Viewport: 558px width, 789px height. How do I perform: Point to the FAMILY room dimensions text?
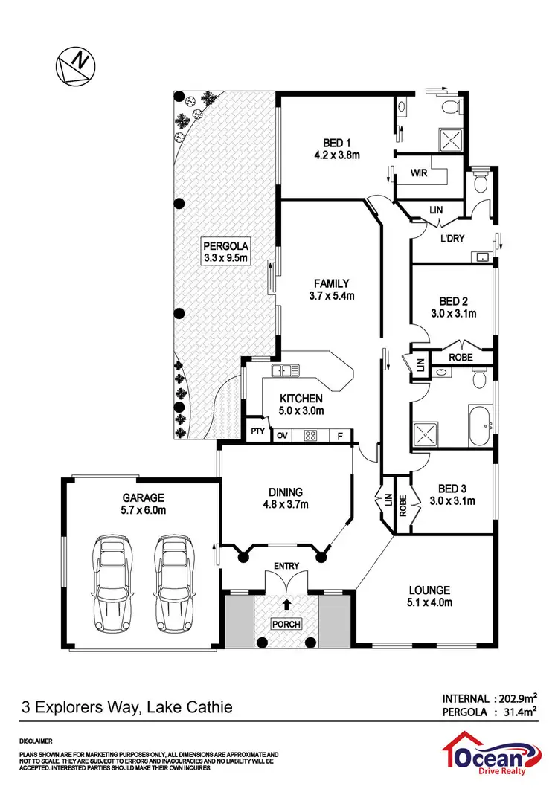click(x=331, y=295)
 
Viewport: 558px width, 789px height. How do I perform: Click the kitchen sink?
click(x=285, y=370)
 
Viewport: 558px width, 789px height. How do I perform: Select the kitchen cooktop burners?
click(x=310, y=437)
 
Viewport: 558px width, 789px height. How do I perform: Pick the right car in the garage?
click(x=173, y=570)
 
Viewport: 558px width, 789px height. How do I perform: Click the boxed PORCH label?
click(x=286, y=623)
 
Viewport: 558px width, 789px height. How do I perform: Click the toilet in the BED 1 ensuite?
click(x=451, y=110)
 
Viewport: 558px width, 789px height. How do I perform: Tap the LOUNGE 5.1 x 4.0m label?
click(x=430, y=597)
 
